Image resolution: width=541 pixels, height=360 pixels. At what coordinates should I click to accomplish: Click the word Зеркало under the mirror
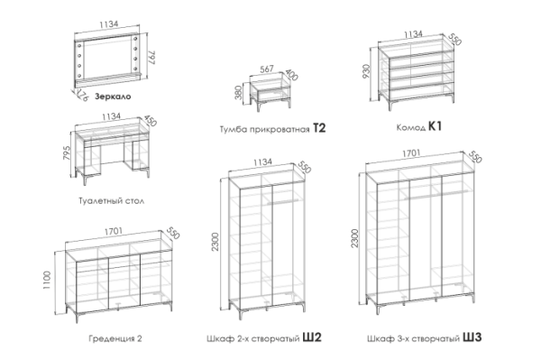pos(113,97)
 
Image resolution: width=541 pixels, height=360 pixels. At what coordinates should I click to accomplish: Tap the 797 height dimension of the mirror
pos(152,58)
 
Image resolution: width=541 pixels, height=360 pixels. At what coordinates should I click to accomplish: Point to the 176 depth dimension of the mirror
pos(82,95)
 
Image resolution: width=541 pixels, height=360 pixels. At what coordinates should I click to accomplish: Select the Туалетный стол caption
pos(111,200)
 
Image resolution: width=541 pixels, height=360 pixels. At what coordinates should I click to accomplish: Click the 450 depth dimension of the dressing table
pos(150,121)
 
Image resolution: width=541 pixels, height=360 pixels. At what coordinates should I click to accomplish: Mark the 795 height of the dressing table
pos(67,152)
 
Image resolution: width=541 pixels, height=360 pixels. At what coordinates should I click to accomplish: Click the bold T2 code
pos(319,128)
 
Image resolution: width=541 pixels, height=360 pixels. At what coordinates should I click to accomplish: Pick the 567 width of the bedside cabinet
pos(266,69)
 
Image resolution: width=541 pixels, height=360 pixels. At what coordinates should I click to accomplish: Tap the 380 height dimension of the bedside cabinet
pos(239,93)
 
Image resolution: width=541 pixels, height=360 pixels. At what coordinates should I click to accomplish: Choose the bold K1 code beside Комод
pos(435,126)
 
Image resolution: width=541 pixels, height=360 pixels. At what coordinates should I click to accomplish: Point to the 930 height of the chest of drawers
pos(366,71)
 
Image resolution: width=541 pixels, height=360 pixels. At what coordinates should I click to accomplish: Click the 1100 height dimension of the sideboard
pos(47,281)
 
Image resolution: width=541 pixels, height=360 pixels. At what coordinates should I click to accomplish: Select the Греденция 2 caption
pos(115,338)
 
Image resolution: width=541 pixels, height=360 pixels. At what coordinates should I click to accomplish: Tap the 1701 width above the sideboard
pos(114,232)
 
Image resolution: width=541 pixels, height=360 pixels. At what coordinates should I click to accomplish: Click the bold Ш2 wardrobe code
pos(312,337)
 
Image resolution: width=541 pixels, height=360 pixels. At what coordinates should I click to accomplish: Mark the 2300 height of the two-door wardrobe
pos(215,242)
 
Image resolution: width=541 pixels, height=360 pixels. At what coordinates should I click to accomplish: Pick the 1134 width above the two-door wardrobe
pos(262,162)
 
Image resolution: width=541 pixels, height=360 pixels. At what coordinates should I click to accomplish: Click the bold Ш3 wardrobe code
pos(472,337)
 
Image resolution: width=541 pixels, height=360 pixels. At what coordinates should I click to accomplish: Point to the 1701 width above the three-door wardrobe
pos(411,152)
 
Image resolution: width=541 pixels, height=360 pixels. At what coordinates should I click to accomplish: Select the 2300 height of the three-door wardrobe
pos(354,238)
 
